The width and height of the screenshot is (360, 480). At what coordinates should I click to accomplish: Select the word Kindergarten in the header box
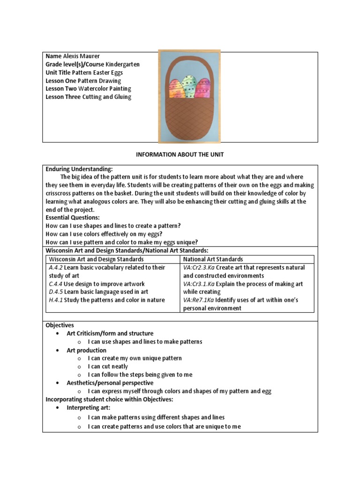[x=122, y=64]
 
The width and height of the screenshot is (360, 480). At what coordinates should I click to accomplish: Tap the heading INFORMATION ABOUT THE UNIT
[x=180, y=155]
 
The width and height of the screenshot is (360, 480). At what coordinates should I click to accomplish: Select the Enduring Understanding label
[x=79, y=169]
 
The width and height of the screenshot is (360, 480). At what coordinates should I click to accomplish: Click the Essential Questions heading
[x=72, y=217]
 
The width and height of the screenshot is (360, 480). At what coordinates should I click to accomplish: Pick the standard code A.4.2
[x=56, y=267]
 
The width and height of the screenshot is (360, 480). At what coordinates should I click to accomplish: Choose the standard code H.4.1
[x=56, y=300]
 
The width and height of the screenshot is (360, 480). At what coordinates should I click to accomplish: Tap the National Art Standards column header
[x=213, y=259]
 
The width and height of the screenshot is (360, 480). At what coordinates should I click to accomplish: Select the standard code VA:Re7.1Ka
[x=199, y=300]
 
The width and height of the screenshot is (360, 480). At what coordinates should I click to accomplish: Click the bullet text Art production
[x=86, y=350]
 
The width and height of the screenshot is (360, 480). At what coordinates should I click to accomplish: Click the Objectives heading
[x=60, y=325]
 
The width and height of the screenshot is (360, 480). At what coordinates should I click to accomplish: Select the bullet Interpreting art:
[x=88, y=408]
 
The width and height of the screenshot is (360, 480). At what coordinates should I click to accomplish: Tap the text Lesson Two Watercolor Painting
[x=88, y=89]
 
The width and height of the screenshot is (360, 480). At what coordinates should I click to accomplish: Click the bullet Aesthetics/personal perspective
[x=110, y=383]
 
